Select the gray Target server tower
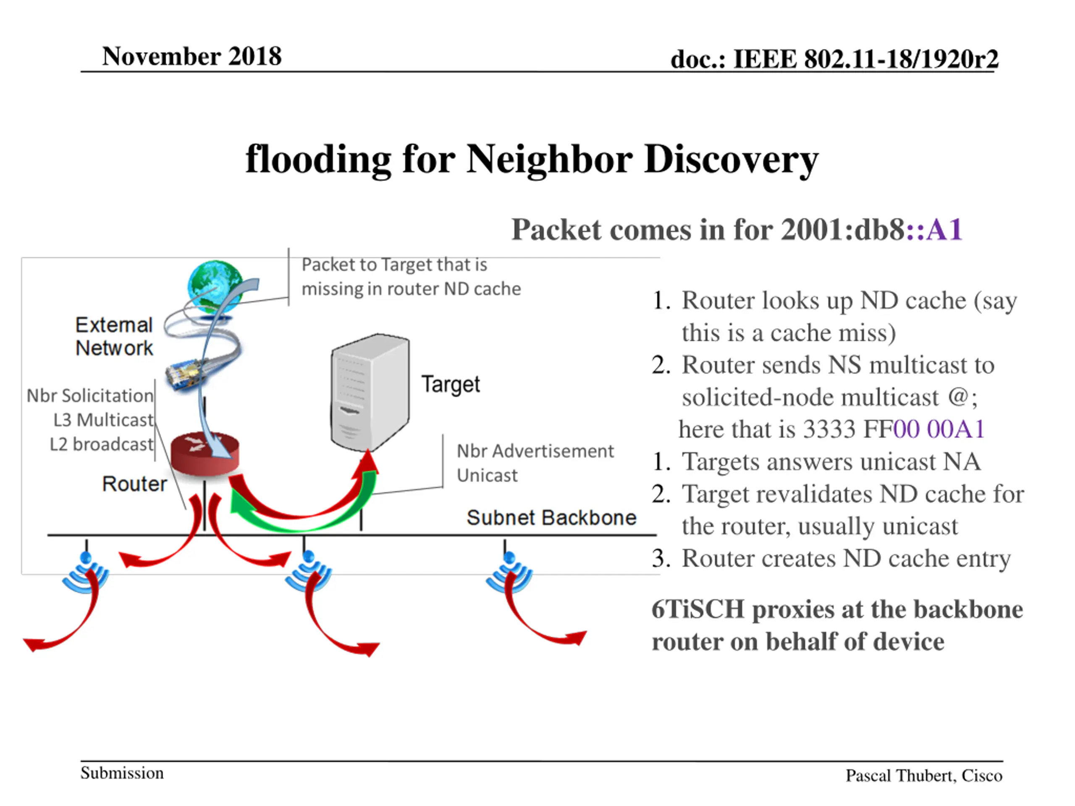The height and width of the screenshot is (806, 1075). (370, 392)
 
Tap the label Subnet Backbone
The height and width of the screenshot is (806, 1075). (551, 518)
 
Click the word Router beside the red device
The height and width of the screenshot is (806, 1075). (134, 484)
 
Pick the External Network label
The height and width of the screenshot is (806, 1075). (114, 336)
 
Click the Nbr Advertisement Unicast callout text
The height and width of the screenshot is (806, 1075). (535, 463)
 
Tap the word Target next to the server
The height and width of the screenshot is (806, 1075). (451, 384)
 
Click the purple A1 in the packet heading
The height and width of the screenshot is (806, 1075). (944, 229)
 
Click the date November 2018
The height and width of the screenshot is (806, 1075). (191, 56)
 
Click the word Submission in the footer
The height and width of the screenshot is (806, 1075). (122, 772)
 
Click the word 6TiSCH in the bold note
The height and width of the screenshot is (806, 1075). (698, 609)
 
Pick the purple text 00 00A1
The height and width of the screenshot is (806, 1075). (939, 429)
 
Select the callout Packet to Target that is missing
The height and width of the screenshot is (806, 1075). (411, 277)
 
